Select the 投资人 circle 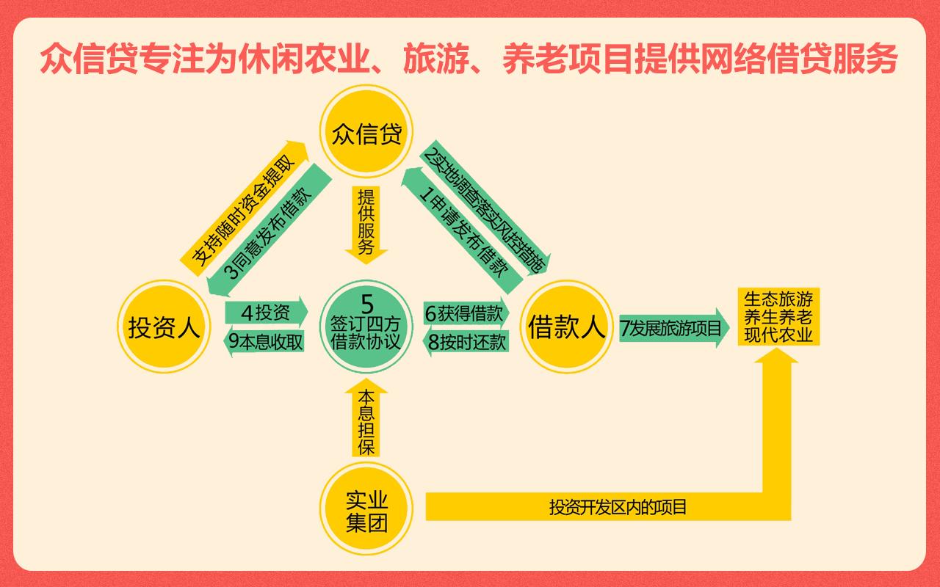click(x=164, y=327)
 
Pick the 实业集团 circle click(x=366, y=512)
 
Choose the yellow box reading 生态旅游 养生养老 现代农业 click(x=778, y=317)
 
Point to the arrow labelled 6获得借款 click(x=465, y=313)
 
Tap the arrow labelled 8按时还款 click(x=465, y=342)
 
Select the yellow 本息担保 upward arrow click(x=366, y=422)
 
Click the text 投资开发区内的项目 click(x=618, y=506)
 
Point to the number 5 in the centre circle click(x=366, y=302)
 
